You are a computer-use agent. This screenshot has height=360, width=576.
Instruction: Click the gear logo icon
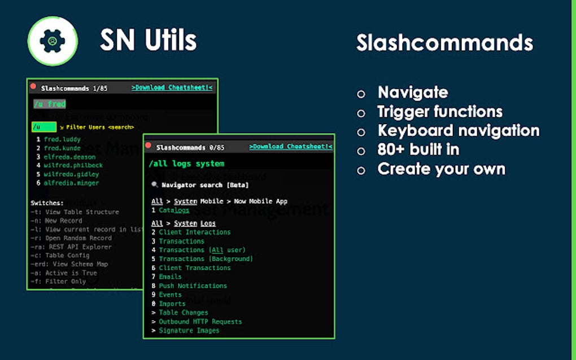[53, 41]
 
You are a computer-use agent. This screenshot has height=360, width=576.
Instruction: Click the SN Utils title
[148, 40]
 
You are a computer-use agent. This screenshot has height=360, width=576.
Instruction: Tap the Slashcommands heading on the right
[444, 43]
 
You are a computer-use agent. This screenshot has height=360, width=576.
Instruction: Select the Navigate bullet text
[413, 93]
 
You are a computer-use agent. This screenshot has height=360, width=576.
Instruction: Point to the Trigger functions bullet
[440, 112]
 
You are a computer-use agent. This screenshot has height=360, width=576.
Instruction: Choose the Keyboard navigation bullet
[459, 131]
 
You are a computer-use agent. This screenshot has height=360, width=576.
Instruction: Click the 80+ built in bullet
[418, 150]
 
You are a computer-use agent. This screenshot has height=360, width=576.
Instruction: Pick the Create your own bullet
[441, 169]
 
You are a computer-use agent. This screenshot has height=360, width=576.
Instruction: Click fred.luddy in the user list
[62, 139]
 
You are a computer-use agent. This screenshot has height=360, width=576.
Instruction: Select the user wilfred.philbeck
[70, 165]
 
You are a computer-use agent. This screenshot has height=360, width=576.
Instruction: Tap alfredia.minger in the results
[71, 183]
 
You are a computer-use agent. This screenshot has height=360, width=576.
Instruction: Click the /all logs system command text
[186, 164]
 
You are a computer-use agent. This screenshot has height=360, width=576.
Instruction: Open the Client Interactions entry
[194, 232]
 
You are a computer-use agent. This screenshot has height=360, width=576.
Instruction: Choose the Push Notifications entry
[193, 286]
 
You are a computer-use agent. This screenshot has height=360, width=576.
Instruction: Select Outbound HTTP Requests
[200, 322]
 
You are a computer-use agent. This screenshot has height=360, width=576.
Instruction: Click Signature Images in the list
[189, 331]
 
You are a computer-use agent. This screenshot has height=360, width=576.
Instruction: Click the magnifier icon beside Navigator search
[155, 185]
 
